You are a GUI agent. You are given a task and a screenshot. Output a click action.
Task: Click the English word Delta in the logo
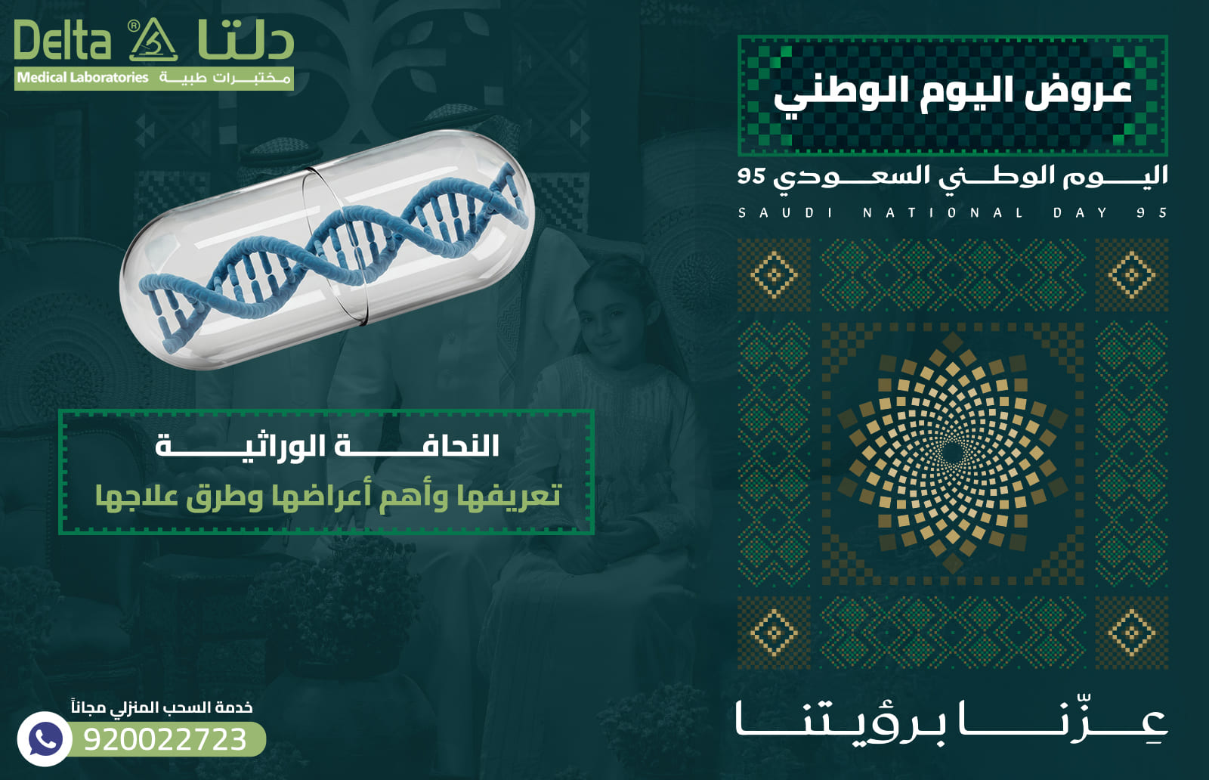coord(62,42)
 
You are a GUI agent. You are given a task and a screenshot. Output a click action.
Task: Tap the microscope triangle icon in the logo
coord(153,42)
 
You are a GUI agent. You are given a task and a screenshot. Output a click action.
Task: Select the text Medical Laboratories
coord(82,78)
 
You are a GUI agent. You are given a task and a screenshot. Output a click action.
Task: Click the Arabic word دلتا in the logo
coord(246,42)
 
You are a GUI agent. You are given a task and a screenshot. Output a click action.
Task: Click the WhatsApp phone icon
coord(45,738)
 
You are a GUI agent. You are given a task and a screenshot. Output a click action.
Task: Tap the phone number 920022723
coord(165,739)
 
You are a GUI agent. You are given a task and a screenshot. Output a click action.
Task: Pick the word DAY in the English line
coord(1081,213)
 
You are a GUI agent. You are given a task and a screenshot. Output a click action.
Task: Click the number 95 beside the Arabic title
coord(752,176)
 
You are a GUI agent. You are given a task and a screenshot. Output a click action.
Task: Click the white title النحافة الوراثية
coord(327,446)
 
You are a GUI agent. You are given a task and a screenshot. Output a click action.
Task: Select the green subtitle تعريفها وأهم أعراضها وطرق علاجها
coord(327,496)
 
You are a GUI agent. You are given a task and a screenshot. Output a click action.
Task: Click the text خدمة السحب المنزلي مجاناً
coord(162,707)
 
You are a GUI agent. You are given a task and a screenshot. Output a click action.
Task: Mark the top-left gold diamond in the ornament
coord(773,274)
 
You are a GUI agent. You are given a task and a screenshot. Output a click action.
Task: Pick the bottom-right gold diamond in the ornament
coord(1131,632)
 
